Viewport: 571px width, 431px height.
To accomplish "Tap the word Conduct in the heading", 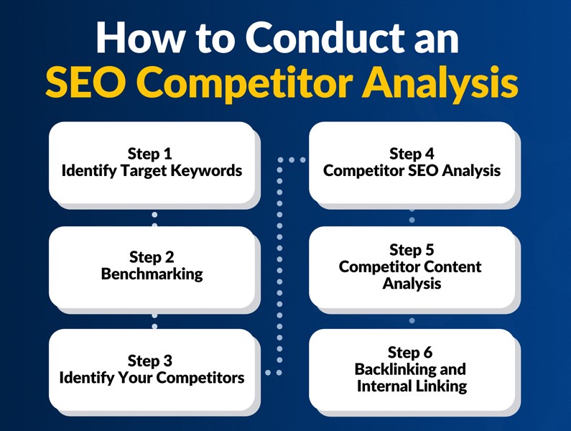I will point(328,37).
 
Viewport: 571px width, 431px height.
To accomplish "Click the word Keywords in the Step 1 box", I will point(206,171).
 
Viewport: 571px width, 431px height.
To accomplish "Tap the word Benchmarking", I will point(152,274).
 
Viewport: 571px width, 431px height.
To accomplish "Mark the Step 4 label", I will point(412,154).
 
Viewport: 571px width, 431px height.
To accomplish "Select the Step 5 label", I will point(412,250).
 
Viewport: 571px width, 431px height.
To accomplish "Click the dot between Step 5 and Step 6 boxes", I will point(412,320).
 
